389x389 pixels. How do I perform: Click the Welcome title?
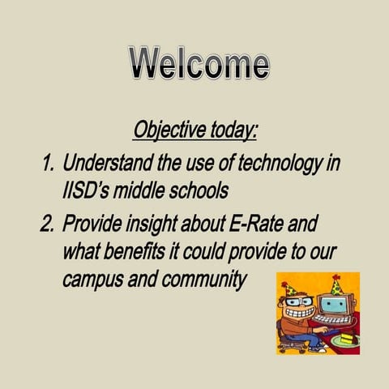[x=199, y=64]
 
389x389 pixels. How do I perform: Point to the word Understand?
[x=109, y=165]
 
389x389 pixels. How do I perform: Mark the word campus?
[x=90, y=280]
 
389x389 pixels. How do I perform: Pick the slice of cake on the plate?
[x=347, y=340]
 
